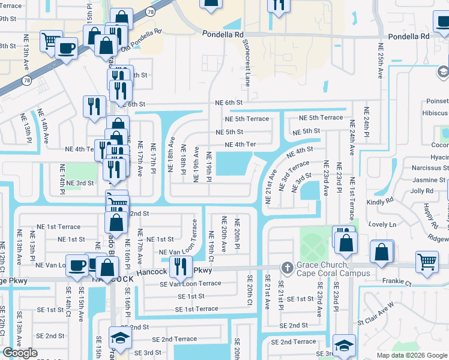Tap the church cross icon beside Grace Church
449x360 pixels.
click(287, 267)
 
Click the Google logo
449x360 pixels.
click(20, 353)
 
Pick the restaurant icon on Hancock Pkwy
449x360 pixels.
click(180, 266)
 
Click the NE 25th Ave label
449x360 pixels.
click(381, 61)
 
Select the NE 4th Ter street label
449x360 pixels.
click(240, 145)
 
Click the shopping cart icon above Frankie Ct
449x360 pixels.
click(426, 262)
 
